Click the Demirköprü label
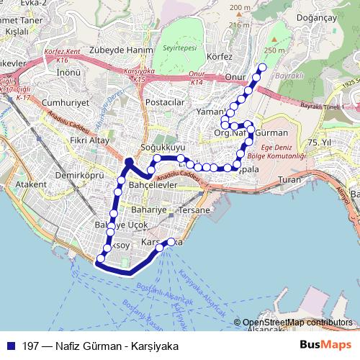coord(80,174)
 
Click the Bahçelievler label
coord(152,185)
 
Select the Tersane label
coord(195,210)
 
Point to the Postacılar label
coord(166,102)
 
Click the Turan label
coord(289,179)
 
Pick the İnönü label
coord(68,73)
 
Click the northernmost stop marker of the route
coord(262,68)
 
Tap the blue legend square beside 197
coord(10,346)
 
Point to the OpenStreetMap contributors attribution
coord(297,323)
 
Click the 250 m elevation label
coord(274,50)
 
